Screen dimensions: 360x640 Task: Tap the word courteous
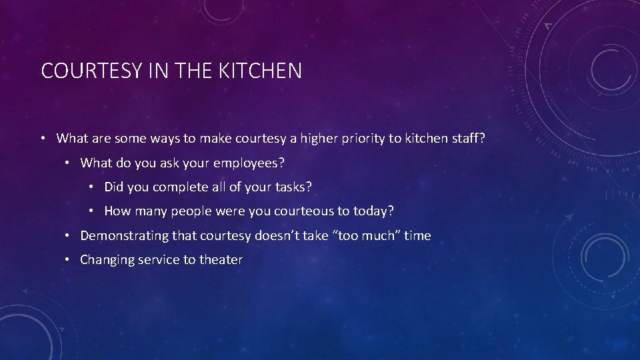coord(301,211)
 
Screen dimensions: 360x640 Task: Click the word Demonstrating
coord(124,235)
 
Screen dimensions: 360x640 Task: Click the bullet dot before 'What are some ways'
coord(42,139)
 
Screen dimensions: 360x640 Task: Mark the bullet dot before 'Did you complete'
coord(90,187)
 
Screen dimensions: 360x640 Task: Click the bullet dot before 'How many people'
coord(90,211)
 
